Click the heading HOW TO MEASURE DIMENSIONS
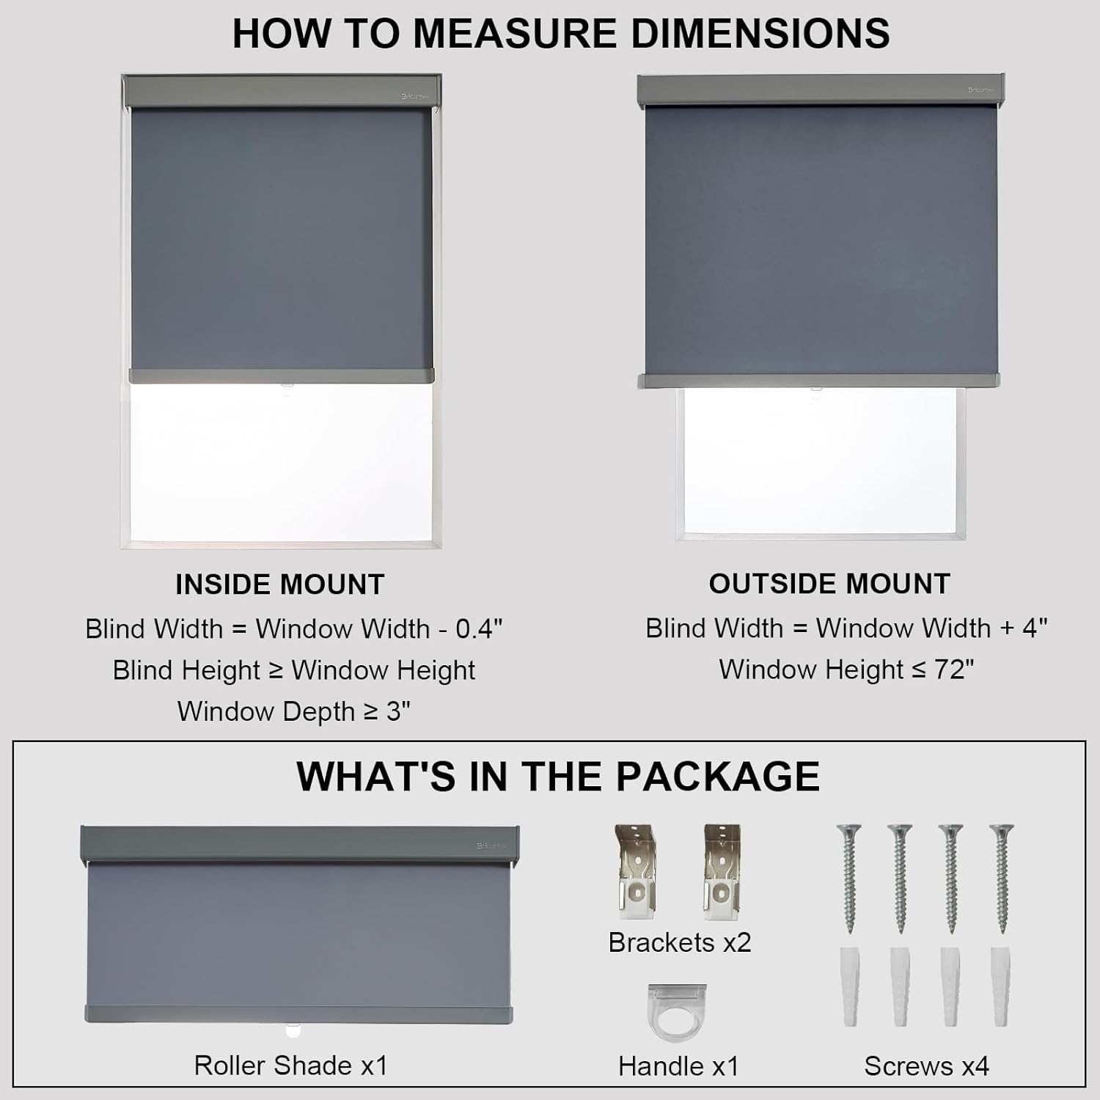pos(561,34)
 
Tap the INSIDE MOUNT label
pos(280,584)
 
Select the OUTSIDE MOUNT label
pos(829,584)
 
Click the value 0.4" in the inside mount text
pos(479,629)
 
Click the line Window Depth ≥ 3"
pos(293,711)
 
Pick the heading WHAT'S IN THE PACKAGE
pos(557,777)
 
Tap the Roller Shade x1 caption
pos(290,1065)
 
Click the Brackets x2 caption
pos(680,942)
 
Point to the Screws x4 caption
pos(926,1066)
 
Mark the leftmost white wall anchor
pos(850,986)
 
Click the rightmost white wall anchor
pos(1001,986)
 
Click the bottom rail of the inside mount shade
pos(282,376)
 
